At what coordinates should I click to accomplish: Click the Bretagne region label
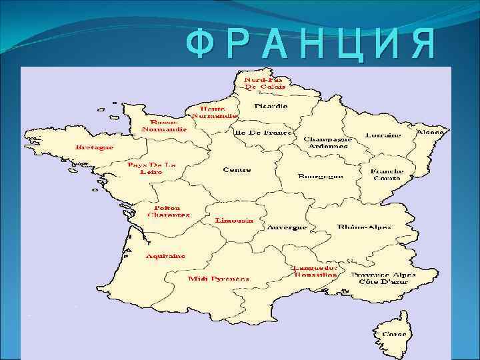pyautogui.click(x=94, y=147)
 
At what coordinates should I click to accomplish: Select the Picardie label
pyautogui.click(x=271, y=106)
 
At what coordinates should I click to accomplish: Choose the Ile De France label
pyautogui.click(x=263, y=133)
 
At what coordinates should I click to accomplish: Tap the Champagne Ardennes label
pyautogui.click(x=326, y=143)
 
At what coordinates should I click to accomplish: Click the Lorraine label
pyautogui.click(x=383, y=135)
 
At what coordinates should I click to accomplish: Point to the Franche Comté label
pyautogui.click(x=387, y=174)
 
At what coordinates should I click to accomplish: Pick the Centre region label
pyautogui.click(x=237, y=170)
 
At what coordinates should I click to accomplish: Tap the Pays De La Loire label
pyautogui.click(x=151, y=168)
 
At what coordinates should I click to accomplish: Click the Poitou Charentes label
pyautogui.click(x=169, y=211)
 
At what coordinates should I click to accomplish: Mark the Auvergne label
pyautogui.click(x=287, y=227)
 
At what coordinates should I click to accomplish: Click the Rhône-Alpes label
pyautogui.click(x=365, y=227)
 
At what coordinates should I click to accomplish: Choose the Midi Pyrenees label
pyautogui.click(x=218, y=278)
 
